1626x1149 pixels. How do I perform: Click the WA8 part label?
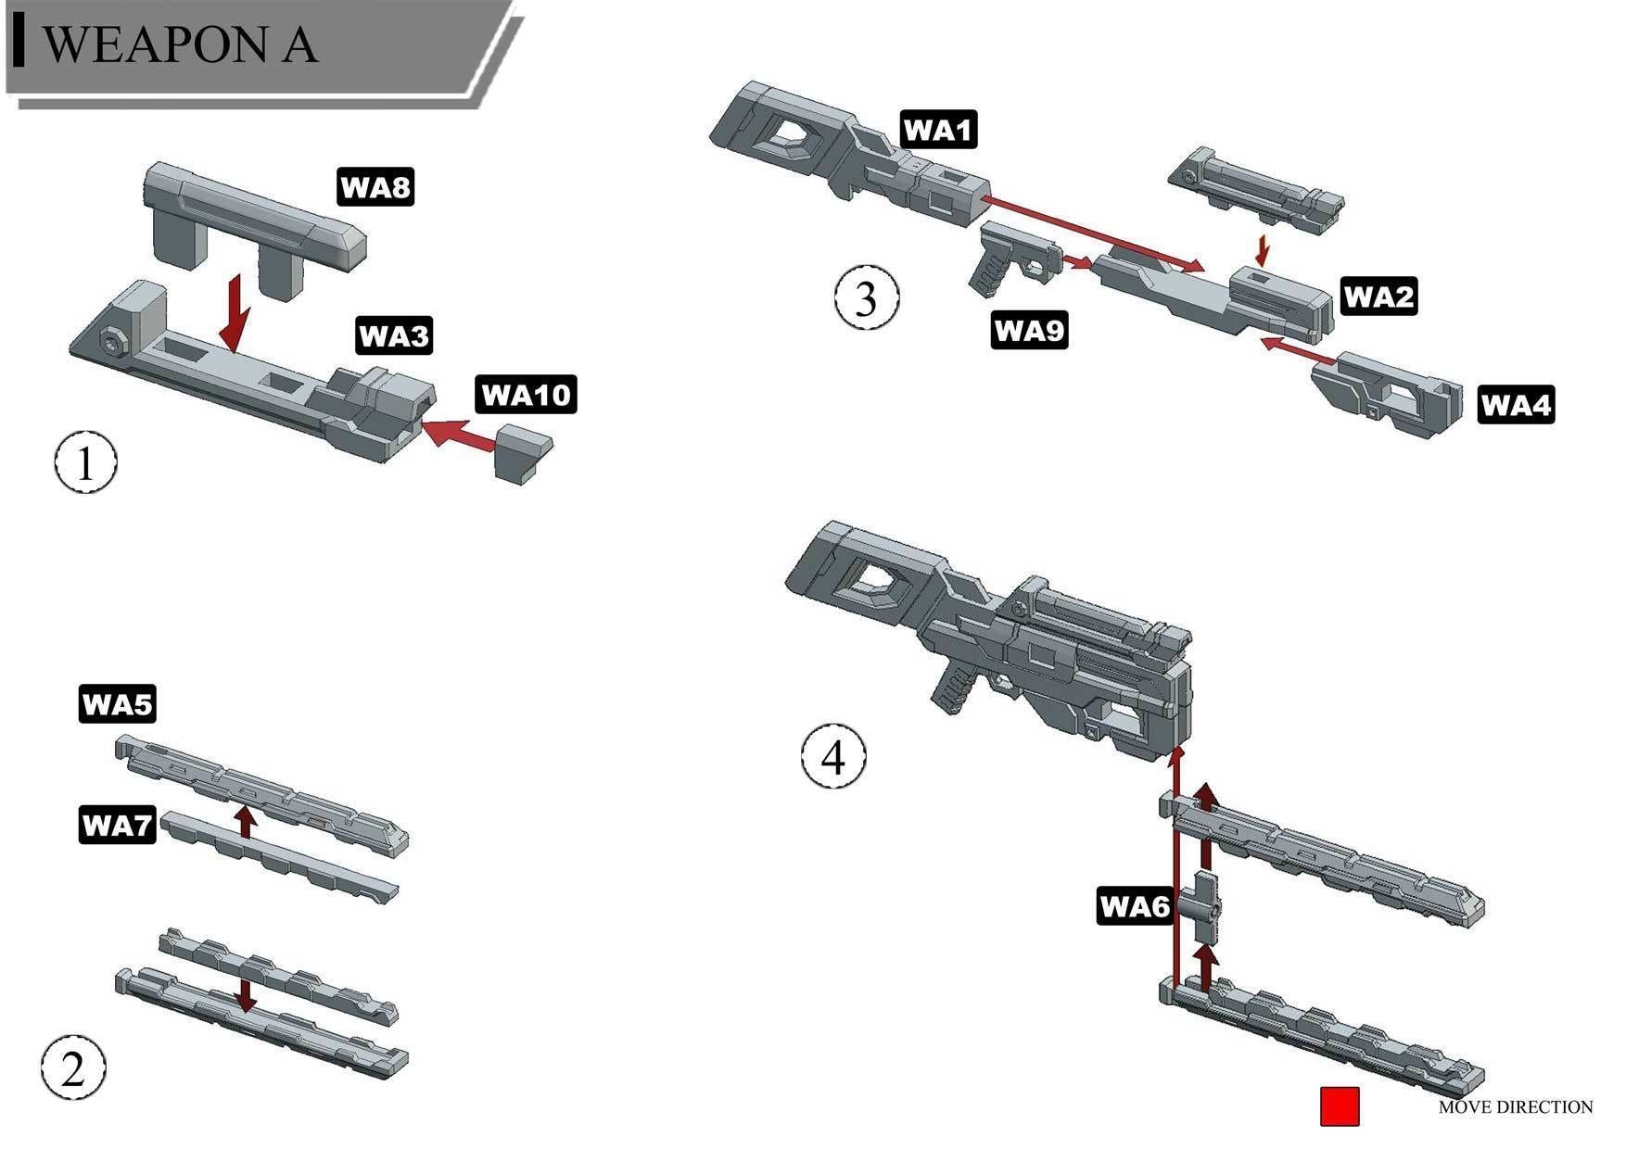pos(375,187)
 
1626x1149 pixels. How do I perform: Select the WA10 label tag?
pos(526,395)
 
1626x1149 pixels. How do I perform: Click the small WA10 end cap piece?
pos(522,453)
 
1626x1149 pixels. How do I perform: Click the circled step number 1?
pos(85,462)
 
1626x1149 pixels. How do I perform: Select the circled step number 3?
pos(866,298)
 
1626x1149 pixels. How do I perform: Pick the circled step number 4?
pos(833,757)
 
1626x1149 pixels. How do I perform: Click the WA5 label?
pos(116,704)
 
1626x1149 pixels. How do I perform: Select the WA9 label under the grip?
pos(1029,329)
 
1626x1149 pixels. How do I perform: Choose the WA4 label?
pos(1515,405)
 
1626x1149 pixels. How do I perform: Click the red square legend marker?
pos(1339,1106)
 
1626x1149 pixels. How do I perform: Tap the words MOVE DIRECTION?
pos(1515,1106)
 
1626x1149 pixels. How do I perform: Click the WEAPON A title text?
pos(181,44)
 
